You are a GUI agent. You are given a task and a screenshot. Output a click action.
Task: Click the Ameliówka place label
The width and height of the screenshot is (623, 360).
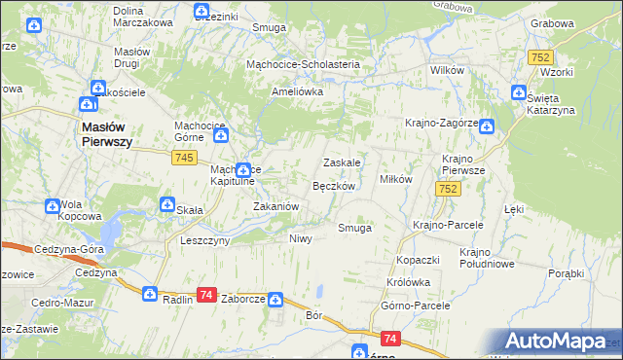click(x=297, y=91)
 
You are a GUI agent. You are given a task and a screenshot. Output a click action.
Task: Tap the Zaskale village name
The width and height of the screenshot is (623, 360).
click(x=342, y=162)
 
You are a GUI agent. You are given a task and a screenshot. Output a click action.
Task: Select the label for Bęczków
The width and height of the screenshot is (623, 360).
click(x=338, y=185)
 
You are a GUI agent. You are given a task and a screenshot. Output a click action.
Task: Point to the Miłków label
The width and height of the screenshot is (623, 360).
click(x=396, y=179)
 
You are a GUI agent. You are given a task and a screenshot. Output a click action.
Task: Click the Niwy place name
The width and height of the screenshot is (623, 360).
click(x=301, y=238)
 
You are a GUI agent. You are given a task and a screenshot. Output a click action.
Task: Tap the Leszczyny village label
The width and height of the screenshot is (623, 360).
click(x=204, y=239)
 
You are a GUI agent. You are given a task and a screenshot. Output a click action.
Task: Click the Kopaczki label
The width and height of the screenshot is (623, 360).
click(x=420, y=260)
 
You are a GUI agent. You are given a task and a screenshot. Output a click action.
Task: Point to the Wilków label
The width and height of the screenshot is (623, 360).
click(x=446, y=71)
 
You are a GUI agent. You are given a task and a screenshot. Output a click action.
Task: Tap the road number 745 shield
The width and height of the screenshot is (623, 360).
click(x=188, y=159)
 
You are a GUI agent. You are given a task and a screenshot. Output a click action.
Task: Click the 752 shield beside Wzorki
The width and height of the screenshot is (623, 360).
click(x=542, y=58)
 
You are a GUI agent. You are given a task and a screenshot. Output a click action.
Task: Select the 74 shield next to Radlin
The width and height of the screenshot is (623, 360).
click(x=205, y=295)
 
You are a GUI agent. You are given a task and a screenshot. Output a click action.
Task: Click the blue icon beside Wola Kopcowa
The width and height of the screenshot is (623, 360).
click(x=52, y=205)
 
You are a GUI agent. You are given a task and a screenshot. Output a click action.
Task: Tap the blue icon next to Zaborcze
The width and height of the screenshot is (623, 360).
click(x=275, y=301)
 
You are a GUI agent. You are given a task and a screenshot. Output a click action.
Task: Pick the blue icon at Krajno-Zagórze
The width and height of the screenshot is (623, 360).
click(x=486, y=126)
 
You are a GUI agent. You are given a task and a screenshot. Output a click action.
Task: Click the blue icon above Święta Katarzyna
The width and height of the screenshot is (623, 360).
click(x=519, y=94)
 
